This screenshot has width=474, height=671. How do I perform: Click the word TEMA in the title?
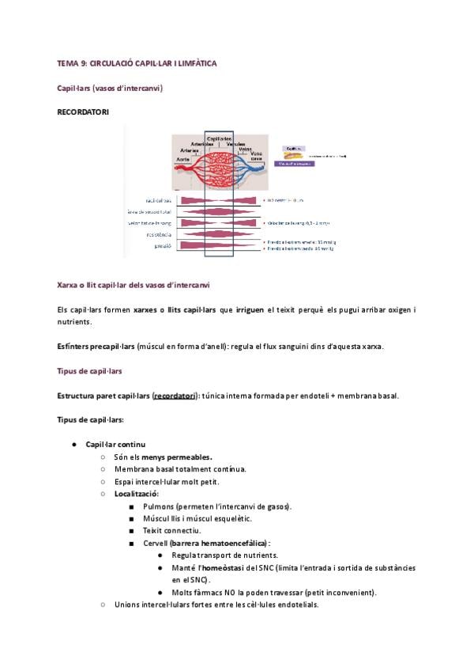click(66, 62)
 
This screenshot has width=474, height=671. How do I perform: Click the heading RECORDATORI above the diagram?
click(83, 112)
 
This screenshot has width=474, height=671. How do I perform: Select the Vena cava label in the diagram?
click(258, 156)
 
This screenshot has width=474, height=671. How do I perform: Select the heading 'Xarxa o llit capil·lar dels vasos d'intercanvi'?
click(134, 284)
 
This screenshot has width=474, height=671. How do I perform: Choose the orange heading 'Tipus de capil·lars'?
click(89, 370)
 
